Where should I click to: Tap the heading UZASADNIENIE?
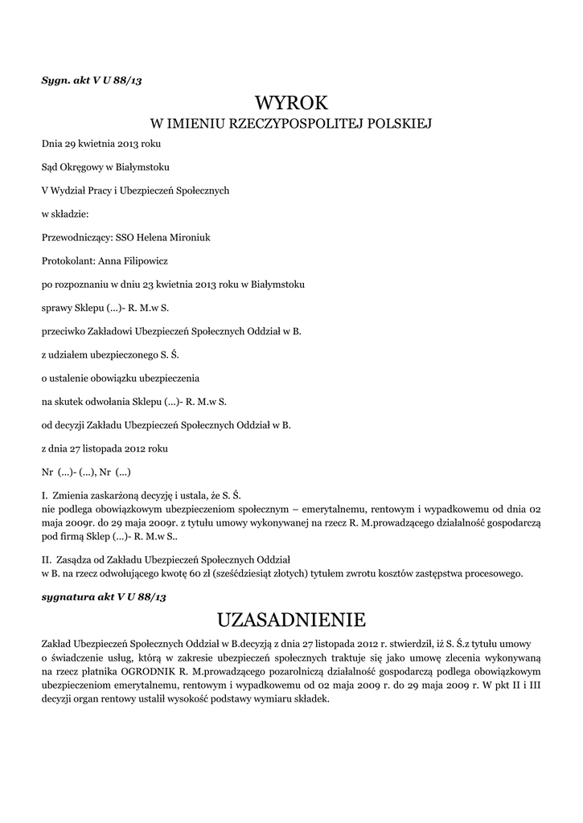291,620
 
